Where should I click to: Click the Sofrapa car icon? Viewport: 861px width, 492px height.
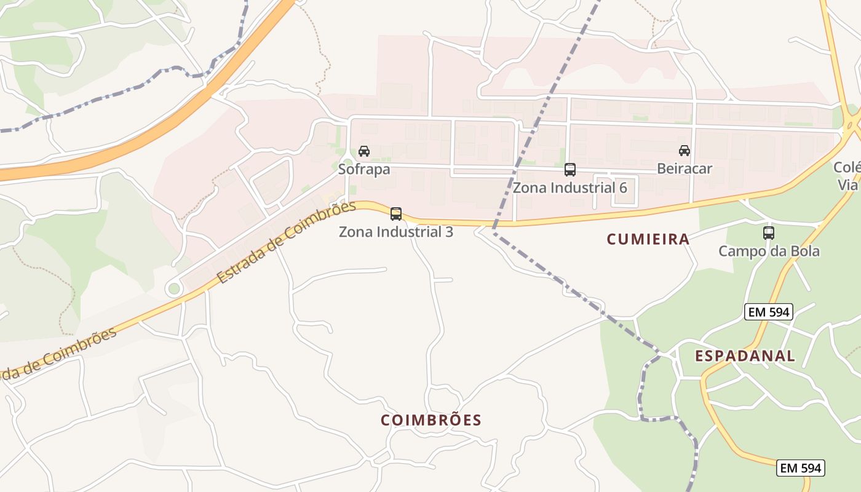pos(364,151)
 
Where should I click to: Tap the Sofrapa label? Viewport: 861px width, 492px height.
pos(364,169)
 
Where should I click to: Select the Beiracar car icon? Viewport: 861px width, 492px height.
pos(684,151)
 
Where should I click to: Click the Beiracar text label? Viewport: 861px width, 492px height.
pos(684,169)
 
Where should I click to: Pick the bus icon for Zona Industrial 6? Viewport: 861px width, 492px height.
pos(570,170)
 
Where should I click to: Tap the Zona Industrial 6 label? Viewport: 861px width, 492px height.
pos(570,188)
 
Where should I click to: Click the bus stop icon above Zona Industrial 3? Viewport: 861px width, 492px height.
pos(396,214)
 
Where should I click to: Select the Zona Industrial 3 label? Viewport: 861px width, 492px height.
pos(396,232)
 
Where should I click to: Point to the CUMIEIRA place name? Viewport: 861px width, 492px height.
pos(648,239)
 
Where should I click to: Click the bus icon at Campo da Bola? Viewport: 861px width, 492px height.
pos(769,233)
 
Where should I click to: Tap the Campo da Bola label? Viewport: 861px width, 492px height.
pos(769,251)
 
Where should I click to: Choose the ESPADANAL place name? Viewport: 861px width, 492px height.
pos(745,355)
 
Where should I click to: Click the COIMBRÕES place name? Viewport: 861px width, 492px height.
pos(430,420)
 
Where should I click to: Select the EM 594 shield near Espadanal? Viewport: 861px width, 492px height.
pos(768,312)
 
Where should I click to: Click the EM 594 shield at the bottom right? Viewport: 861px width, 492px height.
pos(800,468)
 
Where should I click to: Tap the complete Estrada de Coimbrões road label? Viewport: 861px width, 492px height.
pos(287,242)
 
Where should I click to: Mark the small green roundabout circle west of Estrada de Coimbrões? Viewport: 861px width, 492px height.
pos(174,288)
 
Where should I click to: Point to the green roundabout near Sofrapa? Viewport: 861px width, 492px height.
pos(346,165)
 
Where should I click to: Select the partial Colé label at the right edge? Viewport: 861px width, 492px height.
pos(847,167)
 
